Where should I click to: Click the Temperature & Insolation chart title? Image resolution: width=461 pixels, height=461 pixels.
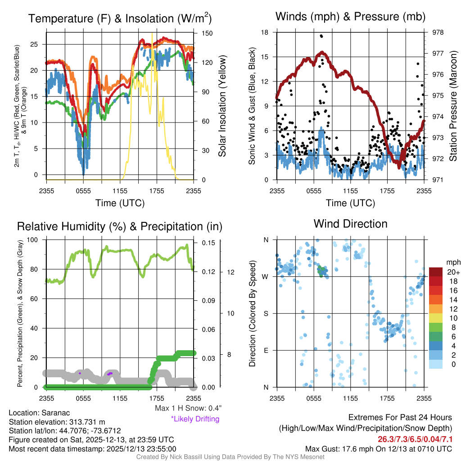point(120,18)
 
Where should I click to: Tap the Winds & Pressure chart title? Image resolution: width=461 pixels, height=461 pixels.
point(351,17)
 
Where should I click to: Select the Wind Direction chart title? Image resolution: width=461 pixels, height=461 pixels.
point(350,224)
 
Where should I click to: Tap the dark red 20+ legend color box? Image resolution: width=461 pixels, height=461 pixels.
point(436,272)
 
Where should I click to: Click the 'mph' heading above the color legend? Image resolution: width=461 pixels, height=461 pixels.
point(452,262)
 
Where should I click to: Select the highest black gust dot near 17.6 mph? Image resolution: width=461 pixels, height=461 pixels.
point(321,36)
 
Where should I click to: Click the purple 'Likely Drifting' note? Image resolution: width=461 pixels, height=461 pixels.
point(195,419)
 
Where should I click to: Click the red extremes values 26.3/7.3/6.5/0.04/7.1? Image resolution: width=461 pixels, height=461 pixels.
point(415,439)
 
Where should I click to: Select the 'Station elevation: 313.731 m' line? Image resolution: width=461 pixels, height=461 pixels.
point(57,422)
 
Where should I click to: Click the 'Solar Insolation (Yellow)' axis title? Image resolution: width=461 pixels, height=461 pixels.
point(222,106)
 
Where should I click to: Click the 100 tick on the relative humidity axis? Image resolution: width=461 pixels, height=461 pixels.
point(38,240)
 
